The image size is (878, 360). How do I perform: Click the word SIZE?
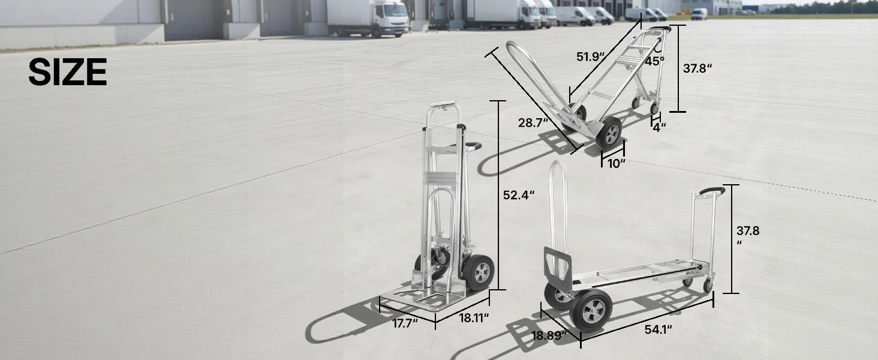[67, 72]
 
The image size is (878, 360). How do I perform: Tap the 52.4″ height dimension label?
[519, 195]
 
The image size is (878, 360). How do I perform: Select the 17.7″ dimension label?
[405, 323]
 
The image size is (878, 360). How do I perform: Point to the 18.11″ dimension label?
[474, 318]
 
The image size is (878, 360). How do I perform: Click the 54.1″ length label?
[659, 330]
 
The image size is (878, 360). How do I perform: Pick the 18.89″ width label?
[549, 335]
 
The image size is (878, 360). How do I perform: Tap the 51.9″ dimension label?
[591, 57]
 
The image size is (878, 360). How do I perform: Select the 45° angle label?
[654, 61]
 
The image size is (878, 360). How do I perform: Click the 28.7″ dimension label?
[533, 123]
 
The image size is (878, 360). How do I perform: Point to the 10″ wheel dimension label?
[616, 164]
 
